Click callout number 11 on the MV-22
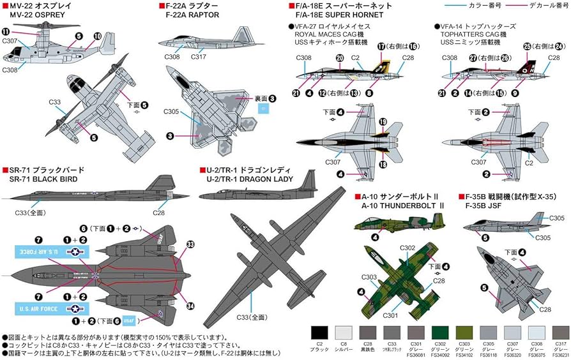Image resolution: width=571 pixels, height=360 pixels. point(6,31)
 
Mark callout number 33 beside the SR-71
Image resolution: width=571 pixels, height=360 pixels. point(190,244)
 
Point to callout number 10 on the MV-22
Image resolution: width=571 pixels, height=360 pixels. point(97,36)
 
